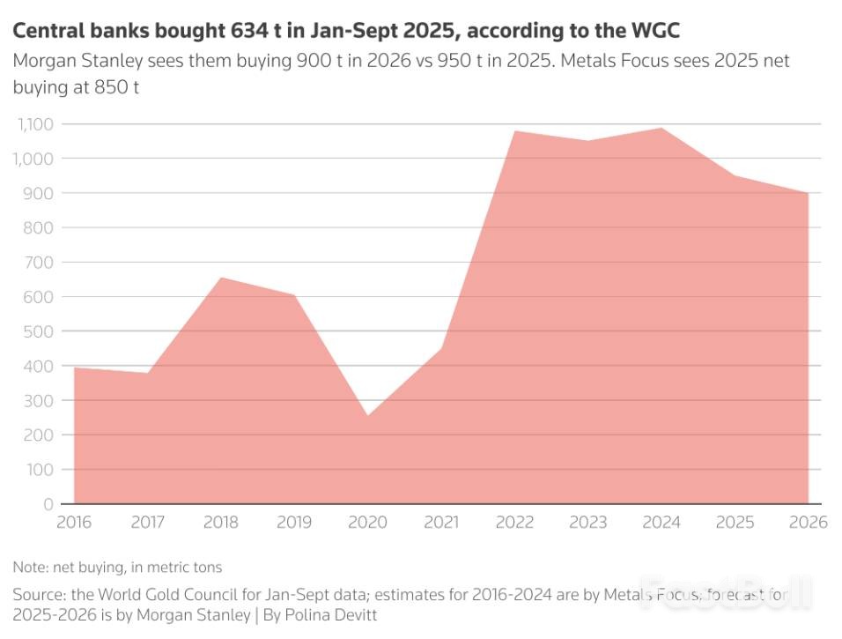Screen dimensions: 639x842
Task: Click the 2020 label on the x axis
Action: (367, 523)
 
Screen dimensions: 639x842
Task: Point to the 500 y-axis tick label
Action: (38, 331)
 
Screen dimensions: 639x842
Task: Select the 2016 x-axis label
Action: (74, 523)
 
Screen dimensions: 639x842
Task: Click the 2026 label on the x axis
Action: (809, 523)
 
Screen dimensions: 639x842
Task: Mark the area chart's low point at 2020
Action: (367, 416)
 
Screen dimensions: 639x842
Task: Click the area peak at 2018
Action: (221, 278)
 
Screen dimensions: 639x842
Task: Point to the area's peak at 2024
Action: (661, 129)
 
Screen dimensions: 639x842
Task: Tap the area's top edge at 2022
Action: (514, 131)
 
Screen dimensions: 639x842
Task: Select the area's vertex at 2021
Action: (440, 348)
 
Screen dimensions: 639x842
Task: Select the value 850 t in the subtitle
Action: (114, 87)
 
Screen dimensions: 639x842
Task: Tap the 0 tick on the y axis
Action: (49, 504)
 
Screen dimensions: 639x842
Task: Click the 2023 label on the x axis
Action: (587, 523)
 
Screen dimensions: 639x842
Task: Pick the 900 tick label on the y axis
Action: (38, 193)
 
